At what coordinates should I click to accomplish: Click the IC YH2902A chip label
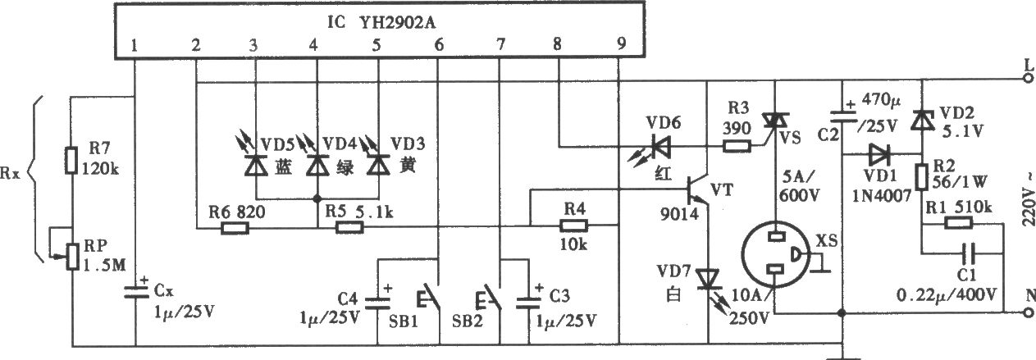coord(381,21)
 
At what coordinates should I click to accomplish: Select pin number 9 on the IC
coord(621,43)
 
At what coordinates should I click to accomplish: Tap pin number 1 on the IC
coord(135,45)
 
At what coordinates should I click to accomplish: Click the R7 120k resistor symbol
coord(71,161)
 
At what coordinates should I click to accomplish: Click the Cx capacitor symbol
coord(136,293)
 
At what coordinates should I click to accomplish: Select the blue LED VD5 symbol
coord(256,164)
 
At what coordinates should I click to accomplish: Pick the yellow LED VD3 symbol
coord(378,164)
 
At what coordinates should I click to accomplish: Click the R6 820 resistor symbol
coord(235,228)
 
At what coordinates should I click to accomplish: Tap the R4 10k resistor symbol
coord(574,226)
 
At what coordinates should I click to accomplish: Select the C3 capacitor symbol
coord(529,303)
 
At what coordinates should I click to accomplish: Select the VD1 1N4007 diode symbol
coord(879,155)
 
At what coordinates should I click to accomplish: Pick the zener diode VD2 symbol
coord(922,121)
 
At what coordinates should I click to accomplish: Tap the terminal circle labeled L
coord(1028,79)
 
